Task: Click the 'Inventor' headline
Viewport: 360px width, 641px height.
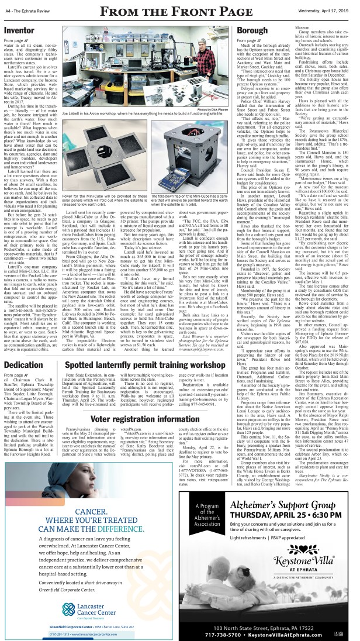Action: pos(20,29)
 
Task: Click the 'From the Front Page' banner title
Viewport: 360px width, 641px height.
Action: pos(179,10)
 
